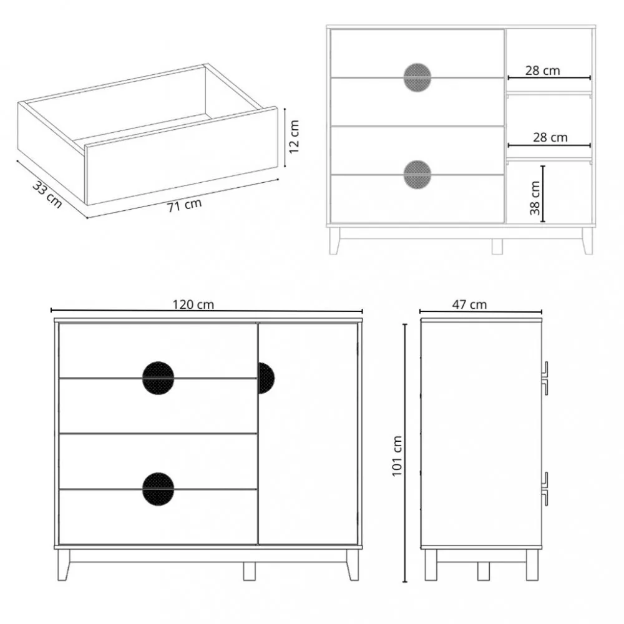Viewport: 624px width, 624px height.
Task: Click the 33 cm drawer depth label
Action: pos(47,195)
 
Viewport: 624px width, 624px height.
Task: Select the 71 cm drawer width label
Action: pos(184,205)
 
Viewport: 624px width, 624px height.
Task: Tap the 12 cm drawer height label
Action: pos(295,137)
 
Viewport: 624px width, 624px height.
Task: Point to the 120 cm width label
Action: pos(193,305)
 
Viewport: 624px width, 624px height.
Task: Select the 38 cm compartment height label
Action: pos(535,198)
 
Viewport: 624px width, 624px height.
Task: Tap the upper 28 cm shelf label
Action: pos(542,70)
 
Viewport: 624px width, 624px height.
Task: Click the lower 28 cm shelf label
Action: pos(550,137)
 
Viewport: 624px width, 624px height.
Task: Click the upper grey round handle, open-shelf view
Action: pos(417,77)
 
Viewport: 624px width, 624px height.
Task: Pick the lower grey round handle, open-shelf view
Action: pos(417,175)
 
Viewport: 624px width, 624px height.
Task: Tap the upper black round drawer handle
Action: pos(158,378)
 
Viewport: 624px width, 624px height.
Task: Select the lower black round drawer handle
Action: pos(158,489)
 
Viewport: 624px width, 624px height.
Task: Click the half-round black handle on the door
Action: pos(265,378)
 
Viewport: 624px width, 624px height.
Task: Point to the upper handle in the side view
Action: pos(545,378)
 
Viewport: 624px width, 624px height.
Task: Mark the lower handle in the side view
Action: pos(545,489)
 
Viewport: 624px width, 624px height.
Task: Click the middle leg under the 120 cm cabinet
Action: pos(250,570)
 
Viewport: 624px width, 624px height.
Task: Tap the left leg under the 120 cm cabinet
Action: pos(64,565)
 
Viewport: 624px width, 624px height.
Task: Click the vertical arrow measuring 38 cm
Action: pos(544,193)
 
